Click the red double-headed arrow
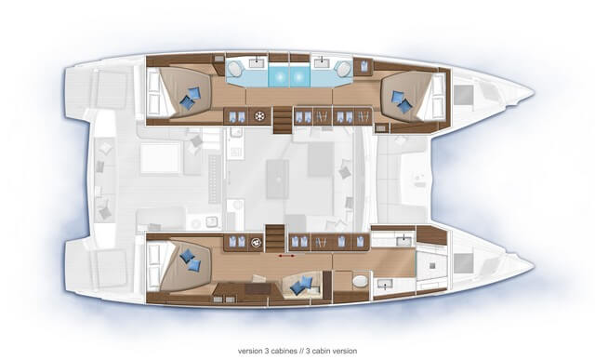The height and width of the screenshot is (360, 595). [x=286, y=256]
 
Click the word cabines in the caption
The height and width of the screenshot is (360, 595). [x=284, y=351]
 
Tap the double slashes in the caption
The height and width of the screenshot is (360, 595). [x=303, y=351]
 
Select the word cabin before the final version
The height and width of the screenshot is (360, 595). [x=323, y=351]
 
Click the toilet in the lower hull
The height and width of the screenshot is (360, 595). [x=360, y=281]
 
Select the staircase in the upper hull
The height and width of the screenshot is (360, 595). [x=283, y=120]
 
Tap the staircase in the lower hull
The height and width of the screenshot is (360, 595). [x=275, y=238]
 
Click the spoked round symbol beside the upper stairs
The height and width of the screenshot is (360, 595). [x=260, y=116]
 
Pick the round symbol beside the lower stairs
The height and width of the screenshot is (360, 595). [x=257, y=242]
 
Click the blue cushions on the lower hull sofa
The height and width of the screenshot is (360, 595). [x=301, y=286]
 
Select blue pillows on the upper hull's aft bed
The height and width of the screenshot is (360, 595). [x=190, y=99]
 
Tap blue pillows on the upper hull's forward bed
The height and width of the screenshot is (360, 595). [x=402, y=101]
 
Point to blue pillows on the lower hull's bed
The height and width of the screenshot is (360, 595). [x=190, y=260]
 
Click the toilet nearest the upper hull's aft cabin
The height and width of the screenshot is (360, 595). [x=235, y=70]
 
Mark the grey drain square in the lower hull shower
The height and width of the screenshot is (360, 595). [x=431, y=265]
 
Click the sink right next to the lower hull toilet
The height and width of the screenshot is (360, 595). [x=385, y=284]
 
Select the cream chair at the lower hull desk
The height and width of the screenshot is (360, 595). [x=259, y=279]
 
